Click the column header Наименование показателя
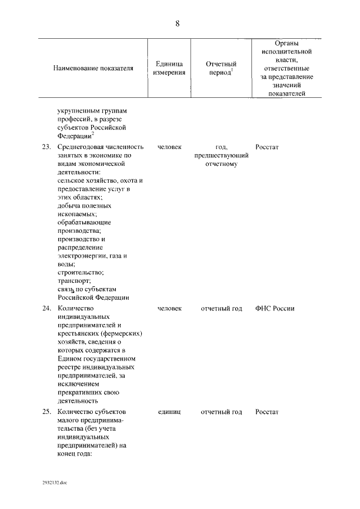(x=93, y=69)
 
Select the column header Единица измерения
(x=169, y=69)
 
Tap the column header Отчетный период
(x=221, y=69)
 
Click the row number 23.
(x=47, y=147)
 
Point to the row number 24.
(x=47, y=309)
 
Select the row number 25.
(x=47, y=412)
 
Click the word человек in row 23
(x=169, y=147)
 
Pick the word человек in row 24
(x=169, y=309)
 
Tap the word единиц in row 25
(x=169, y=412)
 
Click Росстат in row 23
(x=267, y=147)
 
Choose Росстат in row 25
(x=267, y=412)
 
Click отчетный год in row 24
(x=221, y=309)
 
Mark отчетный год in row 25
(x=221, y=412)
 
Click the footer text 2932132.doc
(x=54, y=483)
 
